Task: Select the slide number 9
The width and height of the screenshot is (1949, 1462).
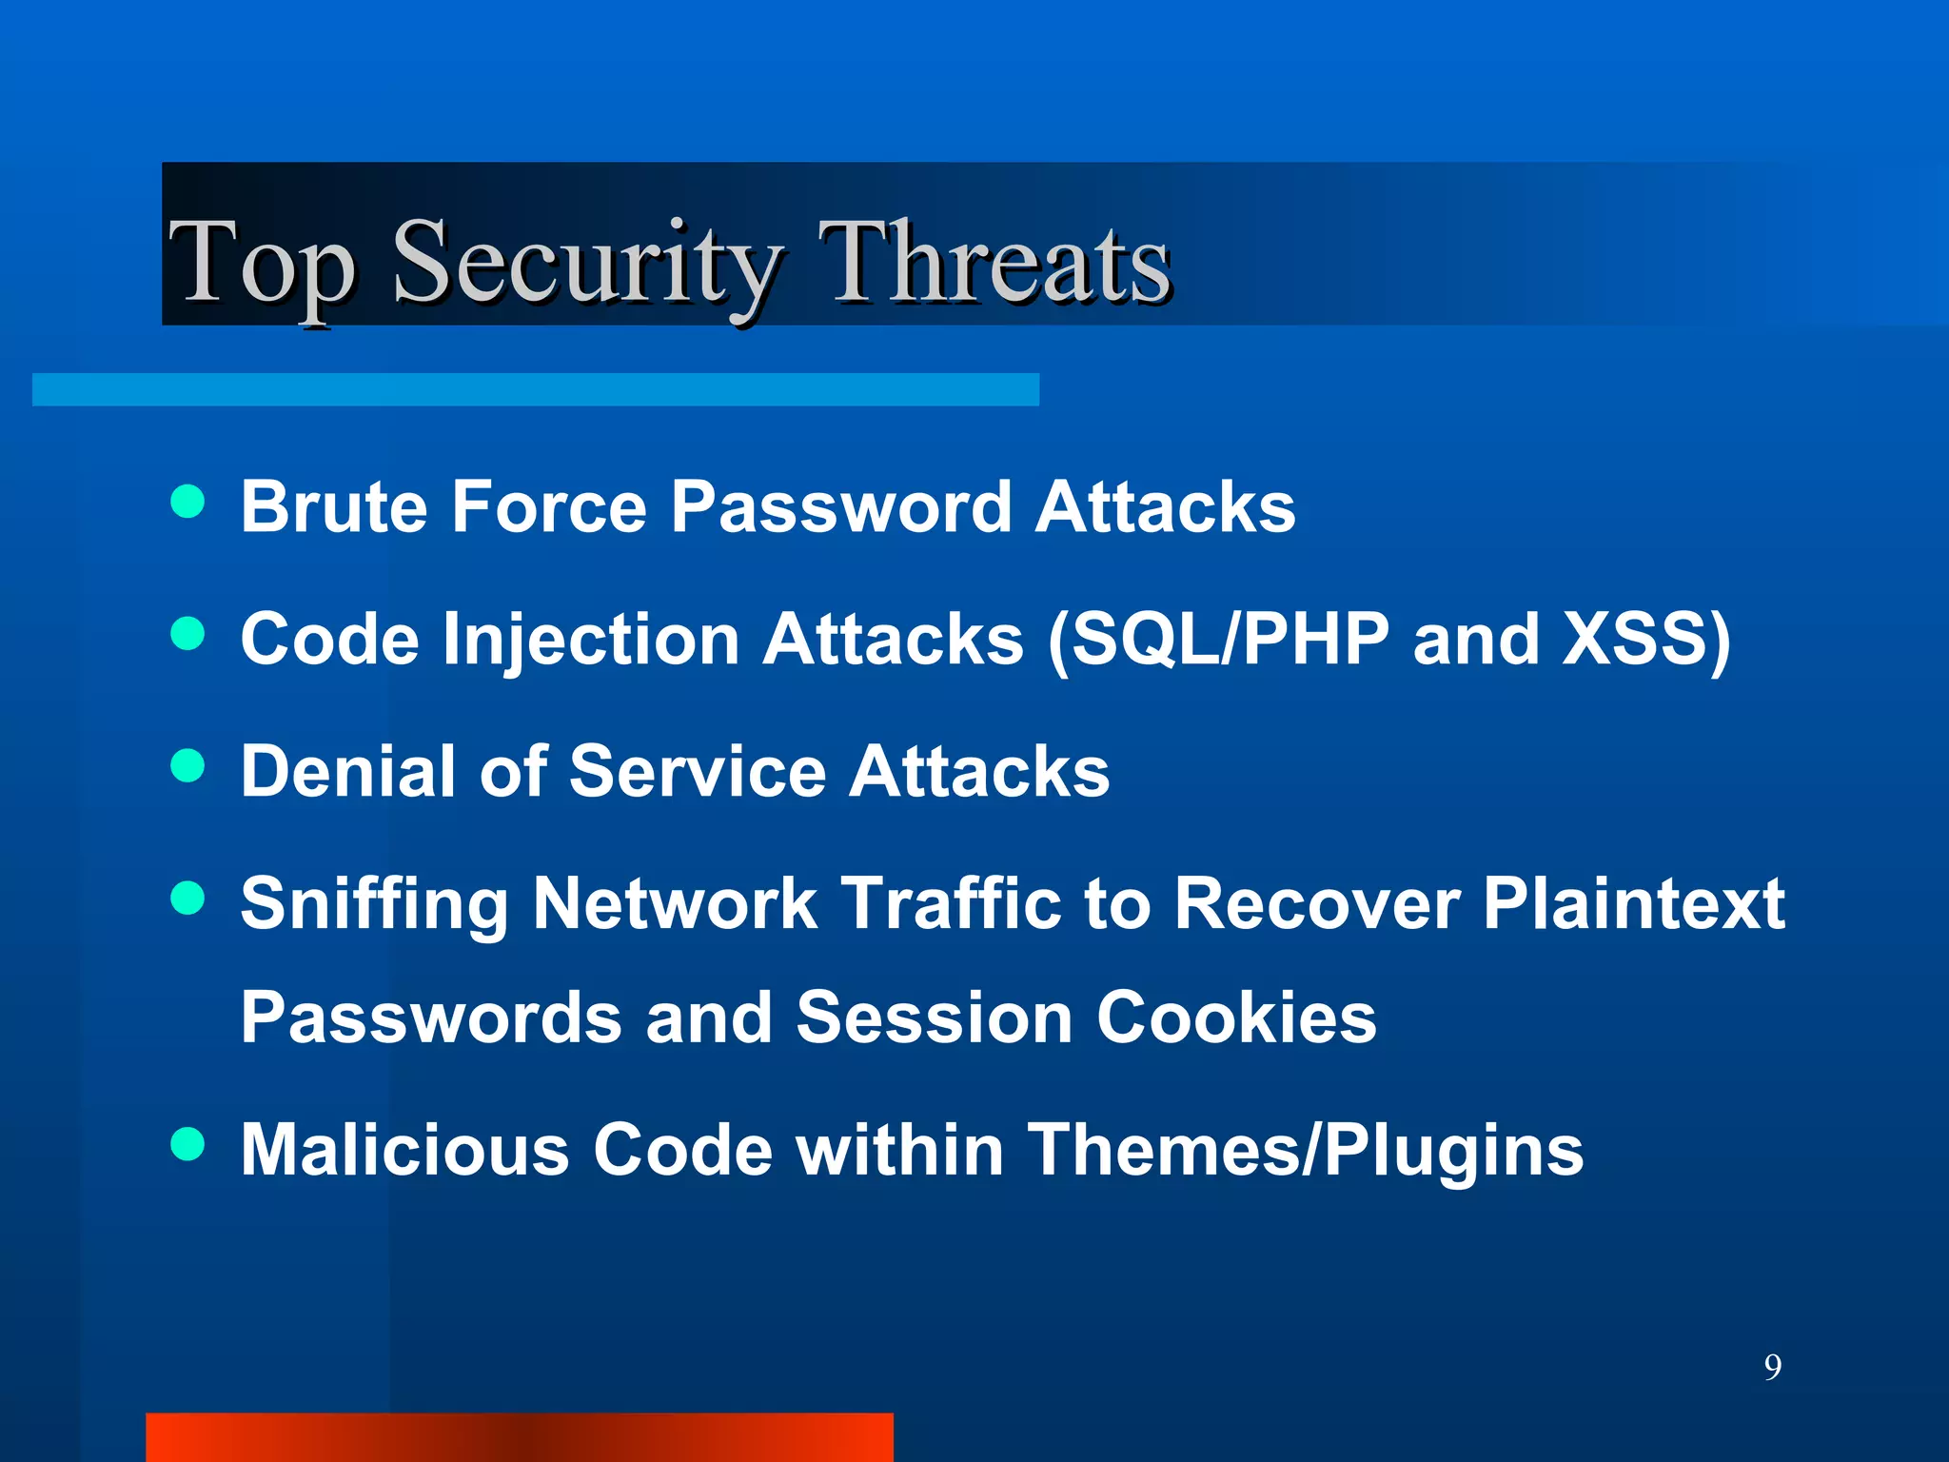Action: click(1772, 1367)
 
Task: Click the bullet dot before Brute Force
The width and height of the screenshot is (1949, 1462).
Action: click(187, 502)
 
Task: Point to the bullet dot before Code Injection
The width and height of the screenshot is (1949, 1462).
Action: click(187, 634)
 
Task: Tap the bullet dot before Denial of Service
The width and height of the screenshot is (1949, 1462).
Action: click(187, 765)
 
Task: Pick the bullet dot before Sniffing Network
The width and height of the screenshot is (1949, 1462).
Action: click(187, 898)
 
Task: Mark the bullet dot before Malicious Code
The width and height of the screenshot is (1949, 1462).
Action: click(187, 1144)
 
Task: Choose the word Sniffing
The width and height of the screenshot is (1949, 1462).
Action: click(375, 904)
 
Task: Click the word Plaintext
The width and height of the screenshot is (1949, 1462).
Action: click(1634, 904)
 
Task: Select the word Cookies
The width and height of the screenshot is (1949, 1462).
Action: click(1236, 1017)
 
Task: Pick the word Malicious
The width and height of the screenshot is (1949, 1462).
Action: click(405, 1150)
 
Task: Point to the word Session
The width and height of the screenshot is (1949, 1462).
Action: click(935, 1017)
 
